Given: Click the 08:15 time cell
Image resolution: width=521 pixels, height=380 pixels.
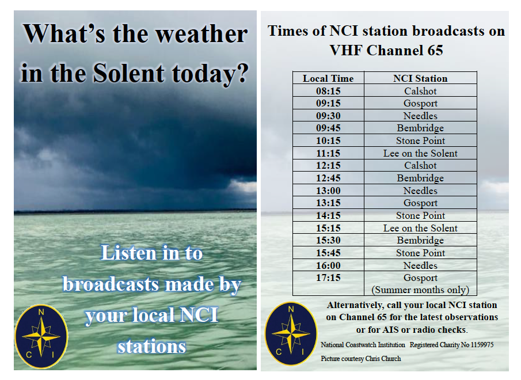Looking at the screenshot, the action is point(328,91).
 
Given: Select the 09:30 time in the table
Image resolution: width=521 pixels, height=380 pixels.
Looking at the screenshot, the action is point(328,116).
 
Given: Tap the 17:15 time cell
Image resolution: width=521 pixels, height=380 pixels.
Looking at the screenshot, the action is point(328,278).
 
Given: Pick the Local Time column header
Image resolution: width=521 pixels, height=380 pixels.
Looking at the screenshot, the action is point(328,78).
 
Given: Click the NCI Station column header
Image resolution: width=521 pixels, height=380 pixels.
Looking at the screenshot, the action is point(420,78).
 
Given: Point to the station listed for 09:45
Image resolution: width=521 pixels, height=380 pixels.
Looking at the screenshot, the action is point(420,128).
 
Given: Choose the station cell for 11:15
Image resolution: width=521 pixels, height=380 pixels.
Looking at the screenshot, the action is point(420,153).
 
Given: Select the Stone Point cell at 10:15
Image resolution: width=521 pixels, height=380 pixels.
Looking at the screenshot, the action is point(420,140).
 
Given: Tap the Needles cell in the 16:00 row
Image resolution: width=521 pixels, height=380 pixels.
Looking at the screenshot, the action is point(420,265).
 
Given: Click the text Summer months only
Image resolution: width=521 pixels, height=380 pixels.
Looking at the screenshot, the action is point(420,290).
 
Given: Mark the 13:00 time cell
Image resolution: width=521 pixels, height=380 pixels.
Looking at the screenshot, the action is point(328,191).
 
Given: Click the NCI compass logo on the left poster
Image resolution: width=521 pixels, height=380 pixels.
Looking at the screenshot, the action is point(41,336).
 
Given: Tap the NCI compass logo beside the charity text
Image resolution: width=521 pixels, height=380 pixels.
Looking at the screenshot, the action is point(291,333).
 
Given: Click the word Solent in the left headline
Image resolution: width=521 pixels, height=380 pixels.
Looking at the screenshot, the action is point(128,73).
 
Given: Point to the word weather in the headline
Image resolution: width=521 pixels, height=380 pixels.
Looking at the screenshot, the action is point(201,34).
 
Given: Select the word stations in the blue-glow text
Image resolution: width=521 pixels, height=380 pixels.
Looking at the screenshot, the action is point(151,347).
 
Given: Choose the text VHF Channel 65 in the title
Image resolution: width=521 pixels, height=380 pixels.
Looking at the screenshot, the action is point(386,51).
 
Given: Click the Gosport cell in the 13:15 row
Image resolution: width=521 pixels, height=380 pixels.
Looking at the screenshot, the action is point(420,203).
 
